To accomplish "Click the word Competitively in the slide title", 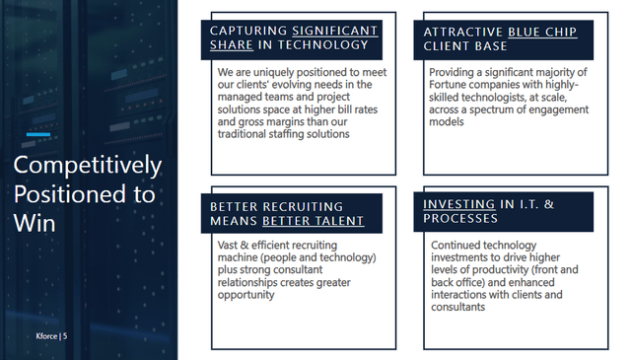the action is (88, 166).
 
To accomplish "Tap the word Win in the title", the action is (35, 224).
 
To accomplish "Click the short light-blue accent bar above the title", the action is (38, 134).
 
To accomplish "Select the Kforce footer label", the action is (46, 336).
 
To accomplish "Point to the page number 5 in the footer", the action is (65, 336).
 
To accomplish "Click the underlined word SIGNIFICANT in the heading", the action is (335, 31).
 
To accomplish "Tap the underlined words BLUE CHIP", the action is (542, 32).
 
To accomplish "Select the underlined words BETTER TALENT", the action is (314, 221).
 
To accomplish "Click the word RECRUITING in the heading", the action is (303, 206).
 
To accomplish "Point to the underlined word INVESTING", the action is (458, 204).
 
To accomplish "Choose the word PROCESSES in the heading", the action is (460, 218).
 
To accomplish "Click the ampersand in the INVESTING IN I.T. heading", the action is (549, 204).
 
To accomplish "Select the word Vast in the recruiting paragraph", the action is (228, 245).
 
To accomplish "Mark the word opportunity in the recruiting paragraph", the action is (245, 295).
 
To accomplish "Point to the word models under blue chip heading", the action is (447, 122).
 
